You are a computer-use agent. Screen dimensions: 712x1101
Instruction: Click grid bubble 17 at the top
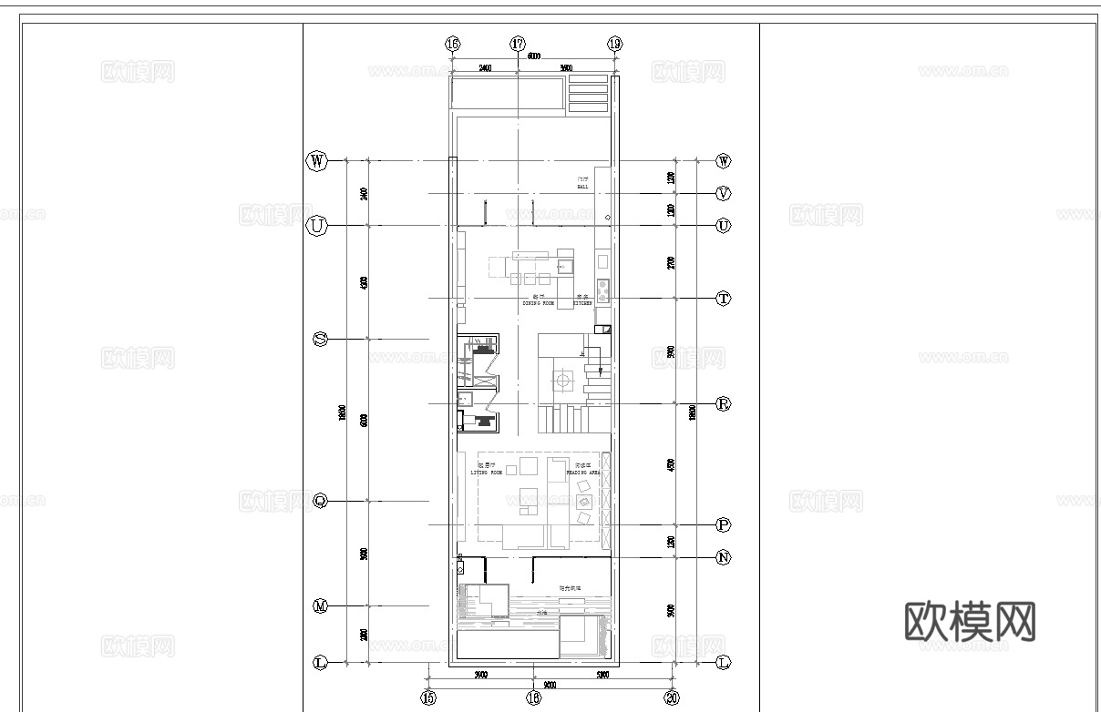(518, 44)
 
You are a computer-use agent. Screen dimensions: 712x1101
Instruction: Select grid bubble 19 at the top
(614, 44)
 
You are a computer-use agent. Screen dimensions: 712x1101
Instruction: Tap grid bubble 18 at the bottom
(533, 697)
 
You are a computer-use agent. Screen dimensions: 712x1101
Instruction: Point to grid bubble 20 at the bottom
(672, 697)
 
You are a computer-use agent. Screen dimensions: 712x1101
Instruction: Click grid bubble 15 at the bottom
(428, 697)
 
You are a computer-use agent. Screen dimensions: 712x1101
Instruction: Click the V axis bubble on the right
(724, 193)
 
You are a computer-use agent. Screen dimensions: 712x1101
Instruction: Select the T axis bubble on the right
(724, 298)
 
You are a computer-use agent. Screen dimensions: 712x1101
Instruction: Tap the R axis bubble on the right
(724, 403)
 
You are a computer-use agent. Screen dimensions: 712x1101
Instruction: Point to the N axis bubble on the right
(724, 557)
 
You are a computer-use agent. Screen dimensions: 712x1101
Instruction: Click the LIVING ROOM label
(486, 471)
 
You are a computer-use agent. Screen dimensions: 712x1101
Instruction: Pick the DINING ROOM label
(539, 301)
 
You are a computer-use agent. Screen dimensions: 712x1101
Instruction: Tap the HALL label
(581, 184)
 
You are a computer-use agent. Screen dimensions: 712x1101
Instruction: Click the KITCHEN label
(583, 301)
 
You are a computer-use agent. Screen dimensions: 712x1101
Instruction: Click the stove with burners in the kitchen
(602, 291)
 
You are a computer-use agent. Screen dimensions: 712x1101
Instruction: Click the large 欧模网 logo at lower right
(970, 622)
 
